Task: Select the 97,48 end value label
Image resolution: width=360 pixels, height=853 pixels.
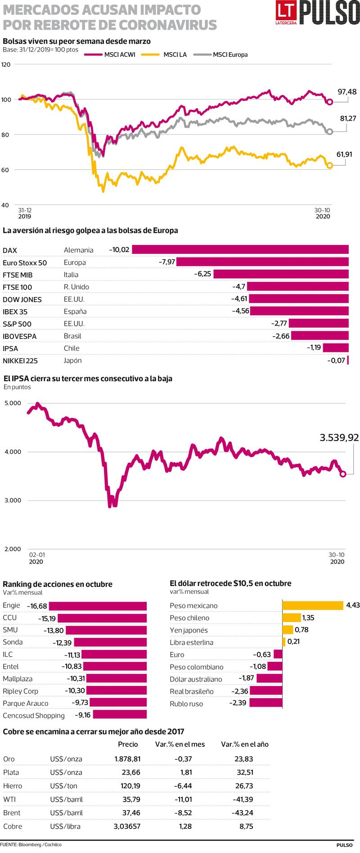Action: (347, 92)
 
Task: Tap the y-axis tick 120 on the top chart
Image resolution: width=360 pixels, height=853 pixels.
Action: (6, 64)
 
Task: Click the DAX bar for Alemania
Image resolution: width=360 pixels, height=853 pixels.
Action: (240, 250)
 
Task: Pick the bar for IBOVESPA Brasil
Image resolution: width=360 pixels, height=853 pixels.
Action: (319, 336)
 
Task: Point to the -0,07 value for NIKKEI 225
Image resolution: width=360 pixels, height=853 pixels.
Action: (336, 360)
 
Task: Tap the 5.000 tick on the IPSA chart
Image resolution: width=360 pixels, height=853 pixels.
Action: (13, 403)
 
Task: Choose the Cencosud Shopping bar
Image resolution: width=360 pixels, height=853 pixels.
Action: (120, 715)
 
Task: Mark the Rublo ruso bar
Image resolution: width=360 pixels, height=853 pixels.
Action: (265, 703)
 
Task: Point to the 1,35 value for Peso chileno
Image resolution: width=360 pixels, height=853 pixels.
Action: (309, 618)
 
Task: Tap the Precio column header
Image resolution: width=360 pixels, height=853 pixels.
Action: (128, 744)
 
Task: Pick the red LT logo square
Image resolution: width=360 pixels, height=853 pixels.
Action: (287, 12)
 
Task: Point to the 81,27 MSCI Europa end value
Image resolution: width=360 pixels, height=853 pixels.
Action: (349, 118)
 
